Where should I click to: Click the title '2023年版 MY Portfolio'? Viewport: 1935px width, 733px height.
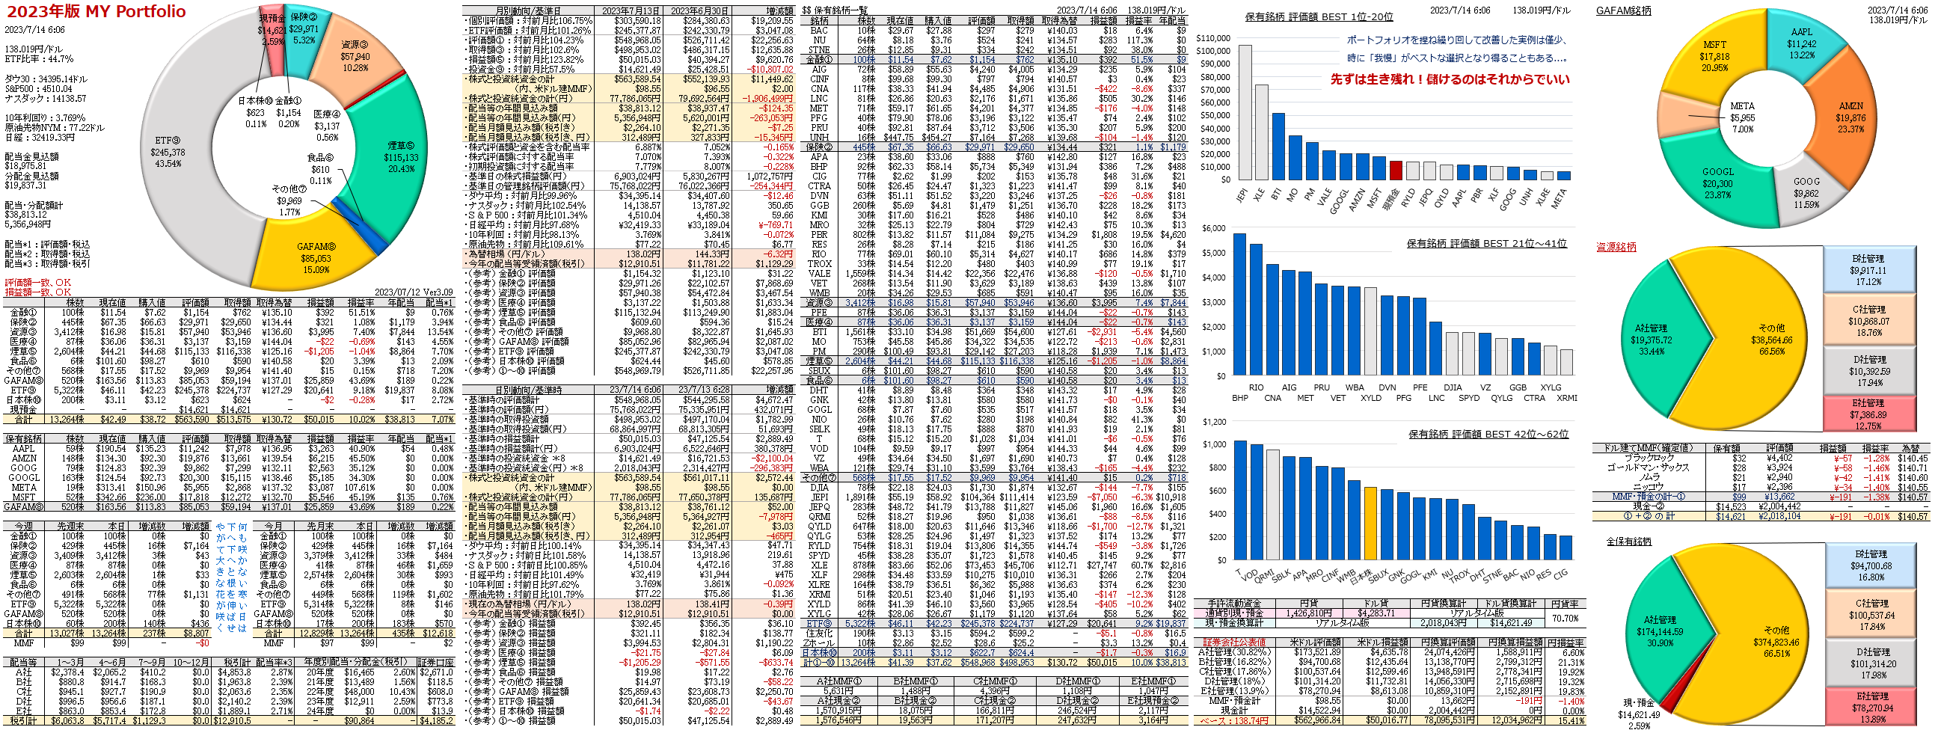[x=96, y=11]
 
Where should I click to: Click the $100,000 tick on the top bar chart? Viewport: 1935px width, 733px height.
[x=1212, y=51]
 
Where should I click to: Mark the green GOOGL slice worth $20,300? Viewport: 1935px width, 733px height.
[x=1720, y=184]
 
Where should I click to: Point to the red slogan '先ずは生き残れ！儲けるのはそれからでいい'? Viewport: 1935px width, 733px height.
[x=1450, y=79]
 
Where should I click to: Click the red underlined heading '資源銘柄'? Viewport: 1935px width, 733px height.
[x=1616, y=247]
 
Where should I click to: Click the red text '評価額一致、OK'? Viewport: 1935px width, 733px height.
[x=37, y=283]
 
